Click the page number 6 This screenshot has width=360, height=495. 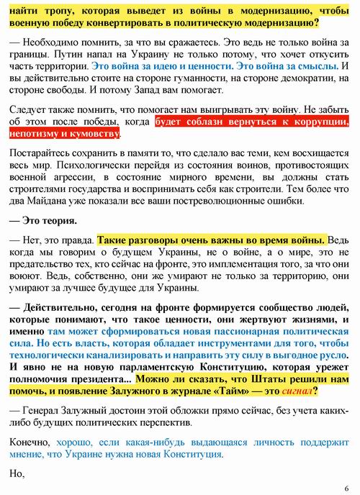pos(346,486)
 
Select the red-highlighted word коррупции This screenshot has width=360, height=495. pos(323,122)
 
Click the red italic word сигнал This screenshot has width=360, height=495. pos(296,392)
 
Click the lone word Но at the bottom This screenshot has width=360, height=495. pos(16,474)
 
